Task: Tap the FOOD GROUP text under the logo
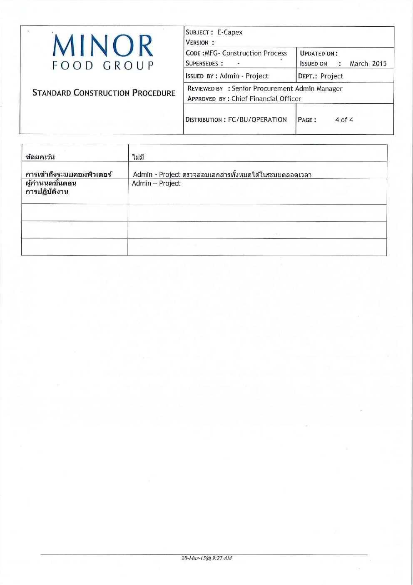pyautogui.click(x=103, y=65)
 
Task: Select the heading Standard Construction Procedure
pyautogui.click(x=104, y=93)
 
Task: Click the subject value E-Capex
pyautogui.click(x=230, y=32)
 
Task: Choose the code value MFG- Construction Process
pyautogui.click(x=254, y=53)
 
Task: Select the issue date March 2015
pyautogui.click(x=368, y=63)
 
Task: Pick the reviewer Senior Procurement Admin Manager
pyautogui.click(x=287, y=88)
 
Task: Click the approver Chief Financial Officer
pyautogui.click(x=266, y=98)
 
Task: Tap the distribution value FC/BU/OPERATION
pyautogui.click(x=257, y=120)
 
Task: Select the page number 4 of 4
pyautogui.click(x=344, y=120)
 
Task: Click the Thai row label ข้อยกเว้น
pyautogui.click(x=40, y=157)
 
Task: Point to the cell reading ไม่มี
pyautogui.click(x=138, y=157)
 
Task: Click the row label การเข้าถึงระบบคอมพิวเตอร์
pyautogui.click(x=69, y=174)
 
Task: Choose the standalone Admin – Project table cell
pyautogui.click(x=156, y=183)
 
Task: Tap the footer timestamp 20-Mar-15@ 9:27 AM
pyautogui.click(x=206, y=558)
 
